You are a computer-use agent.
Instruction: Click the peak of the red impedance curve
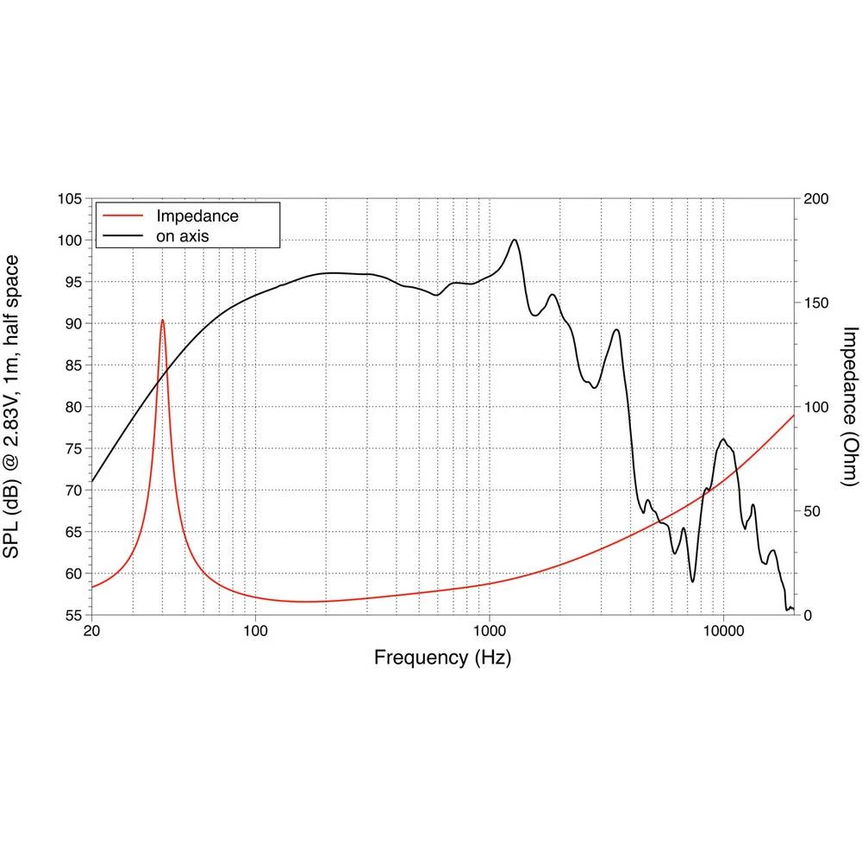point(162,320)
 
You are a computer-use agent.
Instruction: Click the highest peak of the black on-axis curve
point(515,240)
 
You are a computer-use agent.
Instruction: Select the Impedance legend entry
point(197,215)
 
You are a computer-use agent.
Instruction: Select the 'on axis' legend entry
point(182,234)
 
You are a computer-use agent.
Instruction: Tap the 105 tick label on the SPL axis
point(69,199)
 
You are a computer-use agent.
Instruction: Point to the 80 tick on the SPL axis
point(72,408)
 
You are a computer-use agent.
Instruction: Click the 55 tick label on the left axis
point(72,615)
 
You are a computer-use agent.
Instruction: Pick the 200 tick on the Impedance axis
point(816,199)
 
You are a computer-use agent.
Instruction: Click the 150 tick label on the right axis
point(816,303)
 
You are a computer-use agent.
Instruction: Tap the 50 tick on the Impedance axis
point(813,511)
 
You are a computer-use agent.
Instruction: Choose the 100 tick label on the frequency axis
point(255,631)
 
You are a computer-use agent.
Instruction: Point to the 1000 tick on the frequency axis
point(490,631)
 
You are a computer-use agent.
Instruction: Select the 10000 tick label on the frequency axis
point(723,631)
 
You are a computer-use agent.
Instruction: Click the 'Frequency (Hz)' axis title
point(442,659)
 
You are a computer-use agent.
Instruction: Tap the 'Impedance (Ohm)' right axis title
point(849,407)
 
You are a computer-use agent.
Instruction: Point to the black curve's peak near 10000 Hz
point(723,440)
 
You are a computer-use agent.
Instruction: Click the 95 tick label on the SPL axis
point(72,283)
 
